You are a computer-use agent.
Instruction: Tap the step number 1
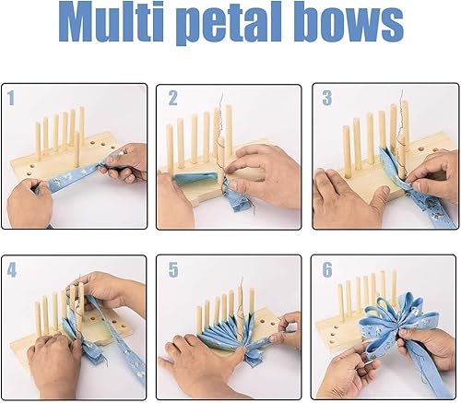[x=11, y=98]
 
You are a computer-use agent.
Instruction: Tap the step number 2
[x=172, y=99]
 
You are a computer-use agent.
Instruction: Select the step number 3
[x=327, y=98]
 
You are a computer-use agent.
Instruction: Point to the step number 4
[x=12, y=270]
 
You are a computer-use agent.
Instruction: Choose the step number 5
[x=173, y=270]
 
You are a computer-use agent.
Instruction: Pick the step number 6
[x=327, y=270]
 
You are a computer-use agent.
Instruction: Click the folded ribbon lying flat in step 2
[x=195, y=178]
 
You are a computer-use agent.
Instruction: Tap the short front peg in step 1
[x=77, y=149]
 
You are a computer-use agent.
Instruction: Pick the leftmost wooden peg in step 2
[x=170, y=147]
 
